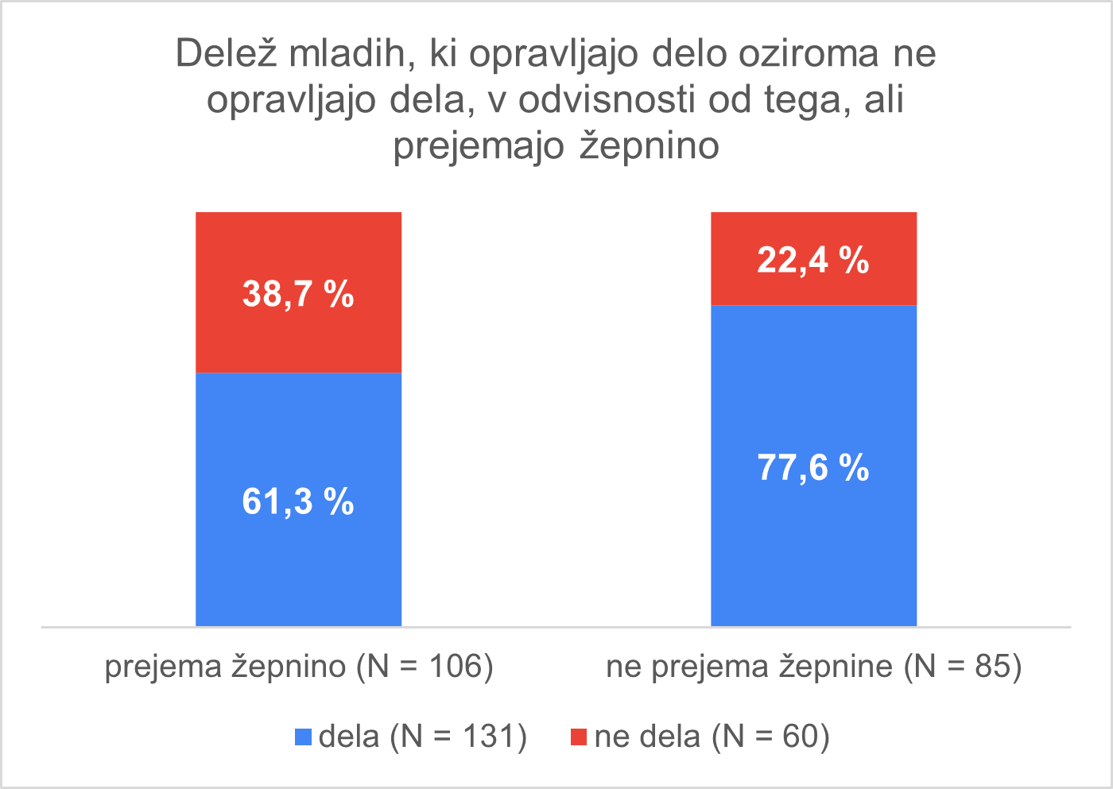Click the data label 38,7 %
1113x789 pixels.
pos(298,294)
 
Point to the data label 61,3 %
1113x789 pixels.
pos(298,501)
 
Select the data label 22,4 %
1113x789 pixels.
pos(813,260)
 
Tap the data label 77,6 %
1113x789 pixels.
pos(813,467)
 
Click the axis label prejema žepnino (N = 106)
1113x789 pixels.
pos(299,666)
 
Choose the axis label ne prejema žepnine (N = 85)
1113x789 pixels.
pos(813,666)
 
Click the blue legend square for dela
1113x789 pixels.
pos(303,737)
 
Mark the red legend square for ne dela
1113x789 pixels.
pos(579,737)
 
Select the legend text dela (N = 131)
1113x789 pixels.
pos(423,737)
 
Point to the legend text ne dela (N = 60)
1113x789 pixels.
pos(712,737)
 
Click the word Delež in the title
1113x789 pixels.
pos(227,54)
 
